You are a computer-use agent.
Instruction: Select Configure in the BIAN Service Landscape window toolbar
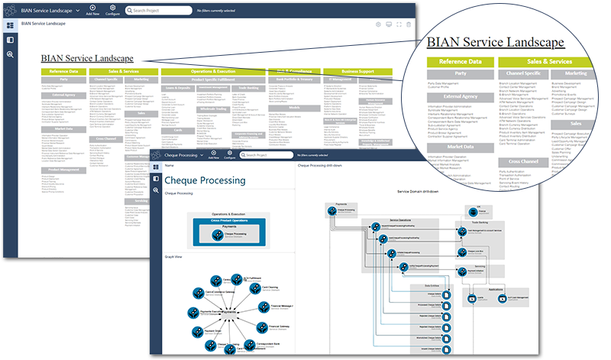coord(113,11)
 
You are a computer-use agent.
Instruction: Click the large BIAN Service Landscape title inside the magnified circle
coord(496,42)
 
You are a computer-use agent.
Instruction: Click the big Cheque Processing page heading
coord(205,180)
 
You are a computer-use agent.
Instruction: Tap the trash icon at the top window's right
coord(409,24)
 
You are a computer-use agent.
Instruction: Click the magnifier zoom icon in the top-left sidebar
coord(10,54)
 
